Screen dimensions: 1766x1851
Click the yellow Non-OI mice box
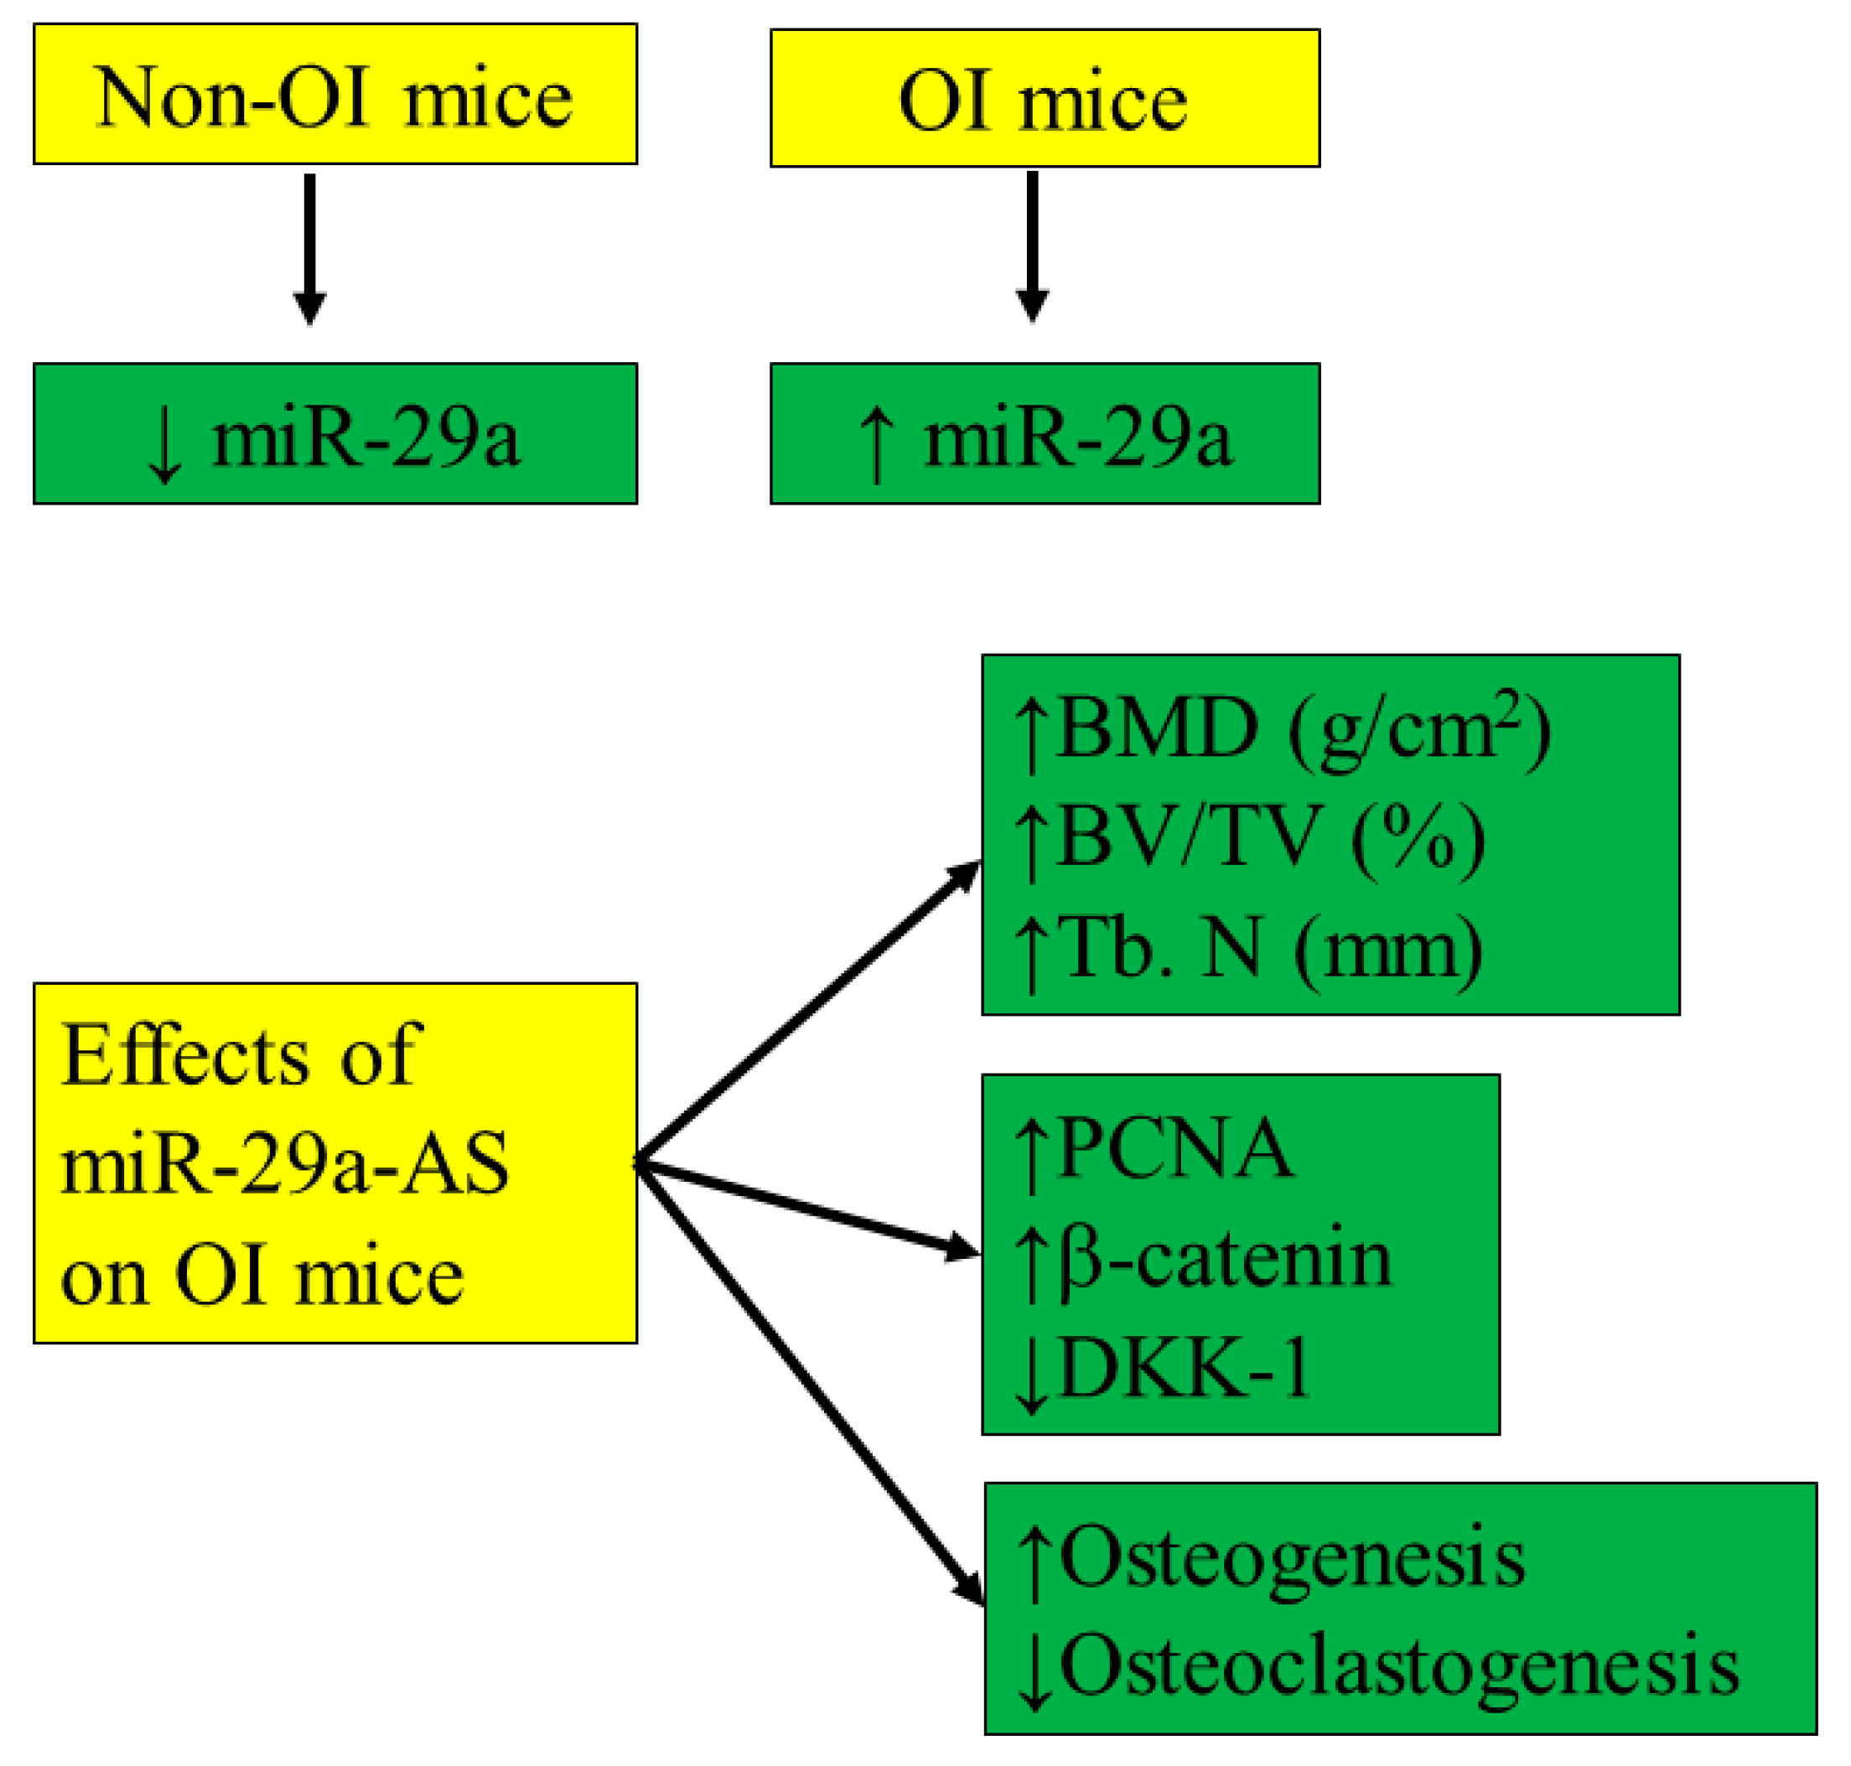(335, 94)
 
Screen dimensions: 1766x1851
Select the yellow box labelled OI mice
(1045, 98)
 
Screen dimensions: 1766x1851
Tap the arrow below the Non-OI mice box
(309, 249)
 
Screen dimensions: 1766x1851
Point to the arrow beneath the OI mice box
(1032, 246)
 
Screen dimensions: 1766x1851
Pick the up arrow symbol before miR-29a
(877, 444)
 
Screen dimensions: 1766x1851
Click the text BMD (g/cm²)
(1303, 729)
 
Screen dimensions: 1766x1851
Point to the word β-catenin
(1225, 1259)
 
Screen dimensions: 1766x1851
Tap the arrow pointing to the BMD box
(810, 1012)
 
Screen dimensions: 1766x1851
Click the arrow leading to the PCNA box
(810, 1209)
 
